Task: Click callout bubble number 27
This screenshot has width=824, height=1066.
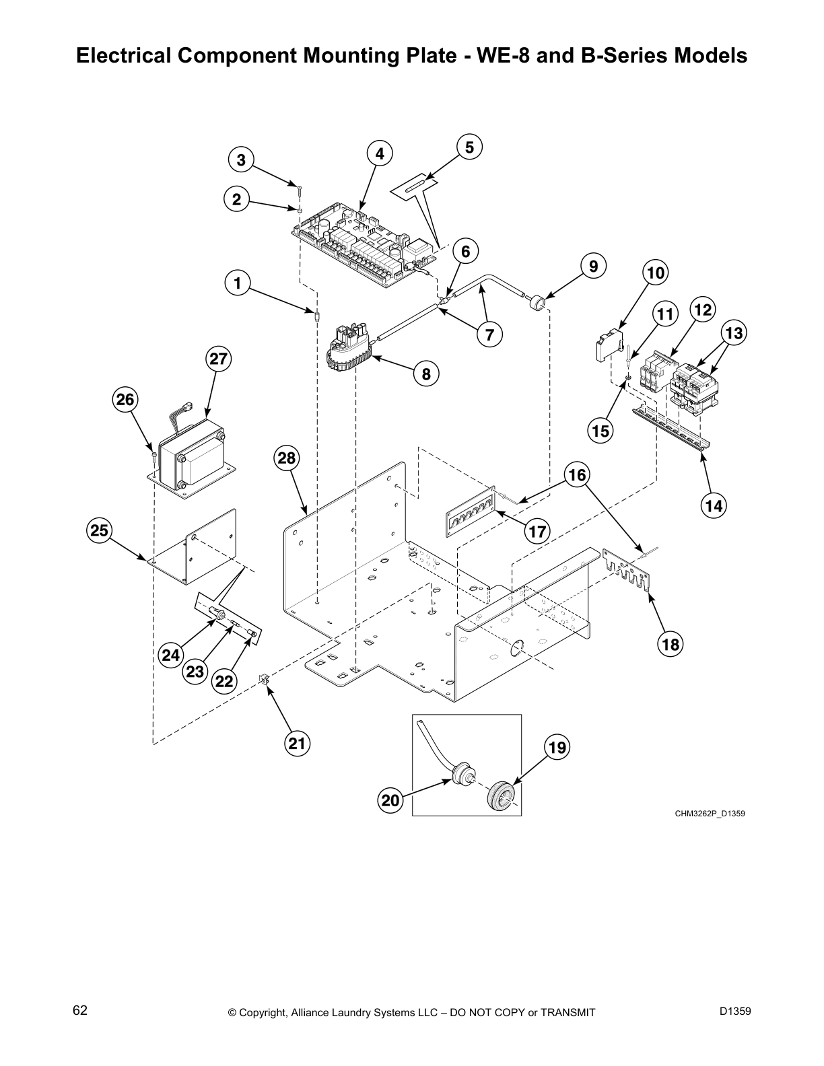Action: tap(219, 359)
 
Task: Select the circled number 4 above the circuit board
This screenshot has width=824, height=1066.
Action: tap(380, 154)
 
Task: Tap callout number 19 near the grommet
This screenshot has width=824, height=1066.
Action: tap(557, 748)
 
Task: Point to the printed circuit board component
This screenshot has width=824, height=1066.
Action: tap(364, 246)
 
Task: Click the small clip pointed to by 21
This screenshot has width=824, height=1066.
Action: tap(265, 680)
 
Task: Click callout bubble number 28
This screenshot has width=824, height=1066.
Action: tap(287, 458)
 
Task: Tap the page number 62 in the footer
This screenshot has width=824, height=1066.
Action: tap(80, 1010)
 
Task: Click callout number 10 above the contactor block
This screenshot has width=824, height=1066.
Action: tap(654, 273)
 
